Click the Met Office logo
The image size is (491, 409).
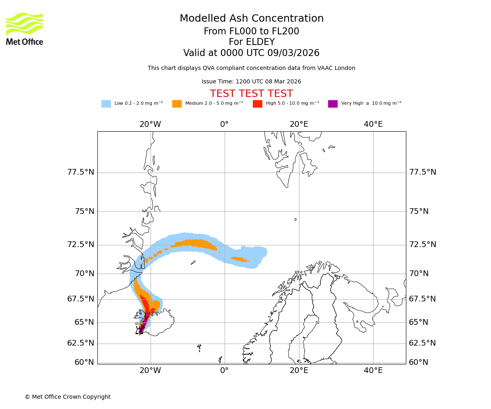coord(25,29)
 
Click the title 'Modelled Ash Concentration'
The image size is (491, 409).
coord(252,19)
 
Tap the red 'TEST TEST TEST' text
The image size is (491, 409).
coord(251,94)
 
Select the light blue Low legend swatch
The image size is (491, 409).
coord(106,104)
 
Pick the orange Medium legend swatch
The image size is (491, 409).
coord(177,104)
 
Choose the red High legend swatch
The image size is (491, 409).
coord(257,104)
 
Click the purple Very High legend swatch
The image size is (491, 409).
coord(333,104)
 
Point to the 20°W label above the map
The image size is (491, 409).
coord(150,124)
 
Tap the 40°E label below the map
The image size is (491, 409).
coord(373,371)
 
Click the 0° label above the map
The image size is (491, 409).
coord(224,124)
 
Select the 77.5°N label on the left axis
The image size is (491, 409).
coord(81,172)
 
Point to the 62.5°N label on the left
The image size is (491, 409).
coord(81,343)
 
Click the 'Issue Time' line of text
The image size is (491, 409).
coord(251,82)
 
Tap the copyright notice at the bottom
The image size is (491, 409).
coord(68,397)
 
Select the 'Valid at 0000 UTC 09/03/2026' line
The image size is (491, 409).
coord(251,53)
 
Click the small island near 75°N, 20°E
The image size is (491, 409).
coord(295,220)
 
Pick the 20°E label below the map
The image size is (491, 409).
coord(299,371)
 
